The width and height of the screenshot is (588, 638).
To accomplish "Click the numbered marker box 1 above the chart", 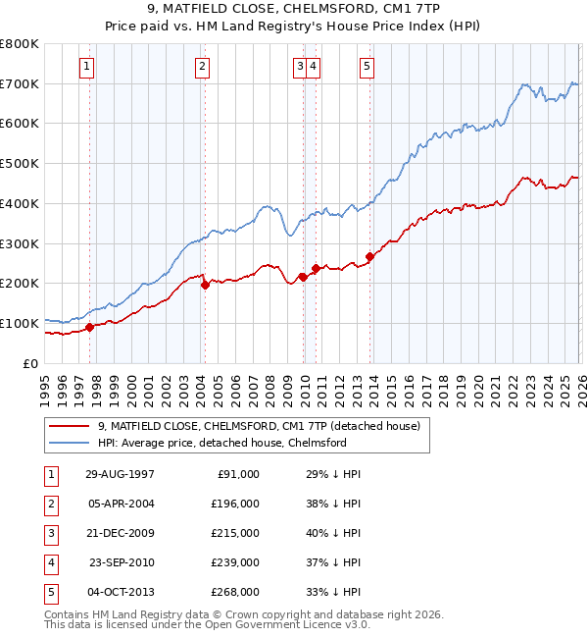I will (87, 67).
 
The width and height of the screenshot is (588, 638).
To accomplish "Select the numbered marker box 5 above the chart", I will (367, 67).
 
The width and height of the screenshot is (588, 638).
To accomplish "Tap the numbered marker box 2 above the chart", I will (202, 67).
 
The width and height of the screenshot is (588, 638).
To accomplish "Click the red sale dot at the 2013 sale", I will (369, 257).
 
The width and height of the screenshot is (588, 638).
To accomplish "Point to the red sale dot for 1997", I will (90, 327).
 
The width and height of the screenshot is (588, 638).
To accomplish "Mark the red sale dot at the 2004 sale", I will (205, 286).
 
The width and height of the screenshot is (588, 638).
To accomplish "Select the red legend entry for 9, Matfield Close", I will (259, 426).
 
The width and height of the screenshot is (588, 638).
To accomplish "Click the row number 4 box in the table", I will (49, 562).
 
